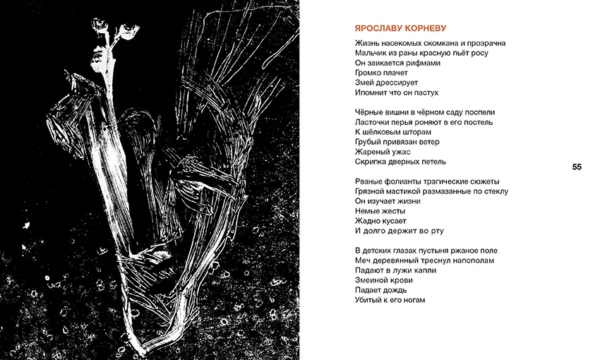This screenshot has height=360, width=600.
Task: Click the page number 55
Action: click(x=577, y=167)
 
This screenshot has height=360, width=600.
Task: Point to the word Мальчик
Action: click(x=372, y=53)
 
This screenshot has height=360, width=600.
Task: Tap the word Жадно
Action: click(x=369, y=221)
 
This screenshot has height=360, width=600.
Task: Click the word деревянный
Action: click(x=400, y=260)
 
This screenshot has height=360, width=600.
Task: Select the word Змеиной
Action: click(x=373, y=280)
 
